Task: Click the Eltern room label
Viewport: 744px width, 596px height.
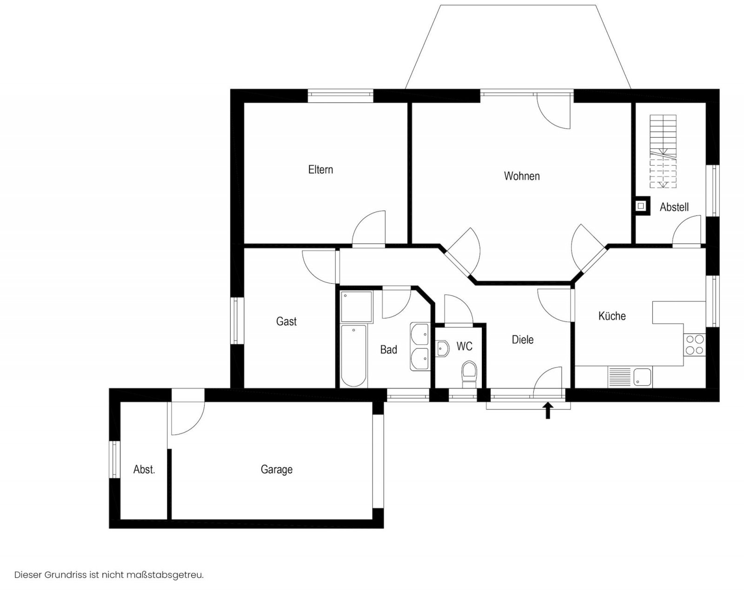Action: [320, 169]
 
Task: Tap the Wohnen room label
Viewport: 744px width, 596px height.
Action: [522, 176]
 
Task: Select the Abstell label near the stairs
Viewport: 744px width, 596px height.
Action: [674, 207]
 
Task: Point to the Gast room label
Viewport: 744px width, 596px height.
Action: [286, 321]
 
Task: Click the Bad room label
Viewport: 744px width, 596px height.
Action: [388, 349]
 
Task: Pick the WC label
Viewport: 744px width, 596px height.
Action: [465, 346]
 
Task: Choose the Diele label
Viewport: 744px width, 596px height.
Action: [522, 339]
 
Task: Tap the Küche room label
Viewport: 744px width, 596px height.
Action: [612, 315]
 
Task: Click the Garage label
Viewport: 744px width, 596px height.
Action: [277, 469]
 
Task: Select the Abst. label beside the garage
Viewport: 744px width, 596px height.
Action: [144, 469]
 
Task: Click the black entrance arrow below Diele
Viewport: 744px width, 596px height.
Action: [548, 410]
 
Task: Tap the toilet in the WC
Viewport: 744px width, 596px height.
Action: [469, 374]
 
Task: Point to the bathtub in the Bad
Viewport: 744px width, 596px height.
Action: [353, 355]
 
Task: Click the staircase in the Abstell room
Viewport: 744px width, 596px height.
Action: [663, 152]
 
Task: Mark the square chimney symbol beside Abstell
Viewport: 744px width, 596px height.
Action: [641, 206]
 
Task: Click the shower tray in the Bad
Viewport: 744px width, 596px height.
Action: [357, 307]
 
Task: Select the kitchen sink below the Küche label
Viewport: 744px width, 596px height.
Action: [630, 377]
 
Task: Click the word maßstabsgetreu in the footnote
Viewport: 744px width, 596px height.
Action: [165, 575]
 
